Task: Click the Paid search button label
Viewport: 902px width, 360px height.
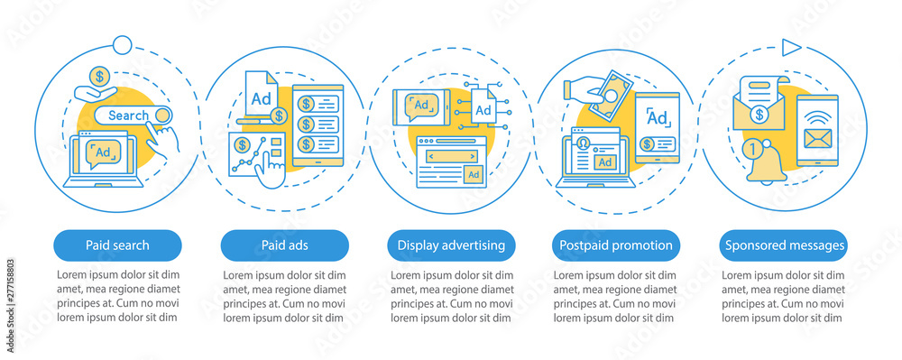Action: tap(117, 245)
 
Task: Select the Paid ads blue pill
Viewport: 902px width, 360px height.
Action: tap(284, 245)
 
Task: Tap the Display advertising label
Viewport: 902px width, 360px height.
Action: tap(451, 245)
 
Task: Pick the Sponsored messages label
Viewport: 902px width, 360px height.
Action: tap(784, 245)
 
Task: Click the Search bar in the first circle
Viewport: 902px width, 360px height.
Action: tap(135, 115)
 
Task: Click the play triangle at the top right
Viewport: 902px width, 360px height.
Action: tap(791, 46)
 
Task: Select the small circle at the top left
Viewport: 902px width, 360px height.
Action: tap(120, 42)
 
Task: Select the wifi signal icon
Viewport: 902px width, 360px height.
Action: tap(817, 115)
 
